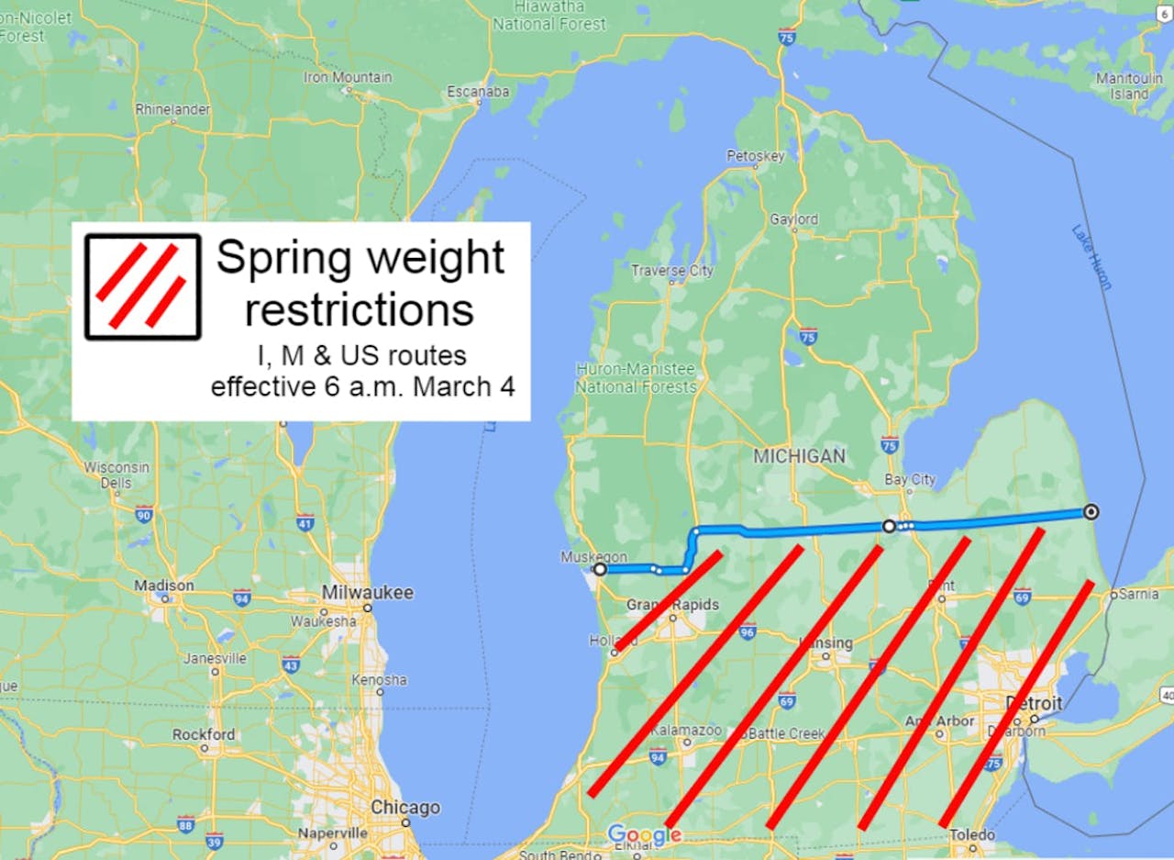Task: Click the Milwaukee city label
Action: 367,593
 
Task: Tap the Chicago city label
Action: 404,808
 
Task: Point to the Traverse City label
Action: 671,271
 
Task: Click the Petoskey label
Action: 756,156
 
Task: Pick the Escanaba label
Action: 478,92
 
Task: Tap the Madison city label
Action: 164,586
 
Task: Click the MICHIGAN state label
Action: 799,455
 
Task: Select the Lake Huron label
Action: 1091,257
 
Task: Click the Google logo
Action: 644,834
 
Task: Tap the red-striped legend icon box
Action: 142,286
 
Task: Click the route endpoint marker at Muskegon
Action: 600,569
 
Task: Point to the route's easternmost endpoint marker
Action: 1091,512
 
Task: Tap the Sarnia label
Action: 1138,594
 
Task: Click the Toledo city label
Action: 972,835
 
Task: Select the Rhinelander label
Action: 172,109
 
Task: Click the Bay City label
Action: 910,479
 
